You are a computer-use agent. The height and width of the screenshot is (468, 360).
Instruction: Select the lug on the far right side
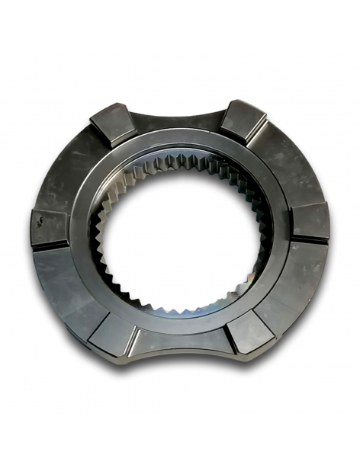click(309, 221)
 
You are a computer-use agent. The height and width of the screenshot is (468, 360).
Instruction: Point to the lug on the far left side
click(49, 226)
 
